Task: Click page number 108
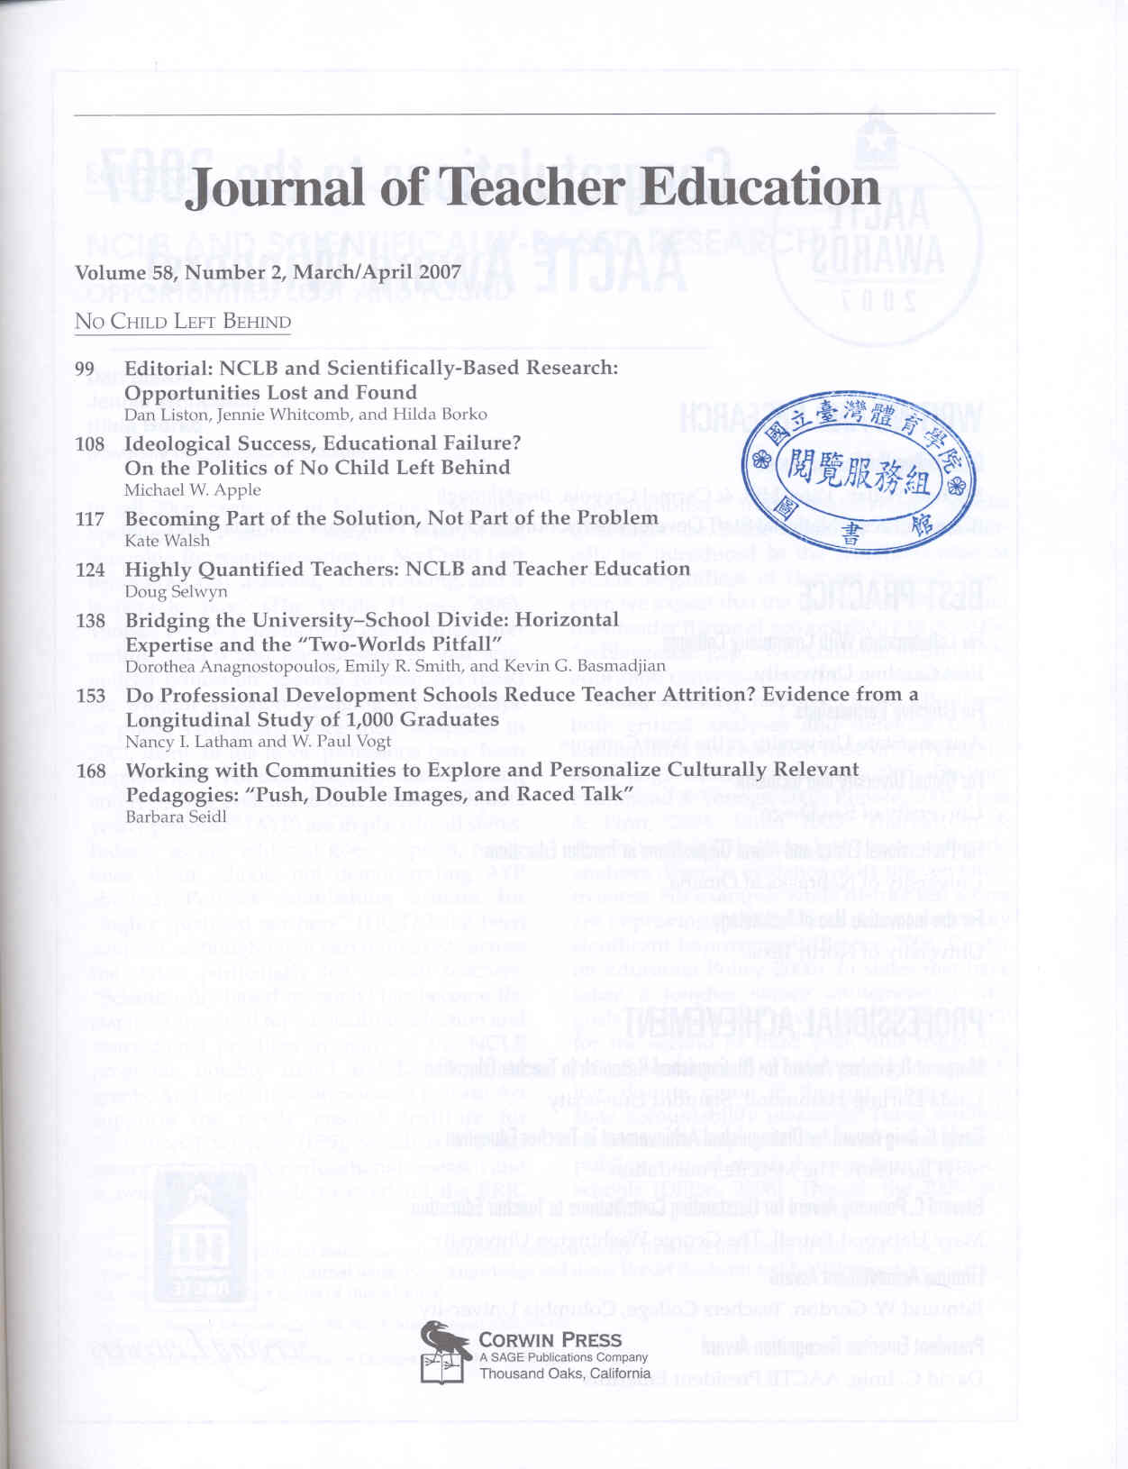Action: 90,444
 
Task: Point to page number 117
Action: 90,519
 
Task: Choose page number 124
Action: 90,570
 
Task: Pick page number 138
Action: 90,621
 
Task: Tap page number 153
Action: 90,696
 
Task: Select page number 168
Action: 90,771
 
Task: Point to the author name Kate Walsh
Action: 167,541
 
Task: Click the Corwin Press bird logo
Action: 446,1350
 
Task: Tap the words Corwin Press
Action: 550,1340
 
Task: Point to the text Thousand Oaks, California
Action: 565,1373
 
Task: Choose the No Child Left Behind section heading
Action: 183,322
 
